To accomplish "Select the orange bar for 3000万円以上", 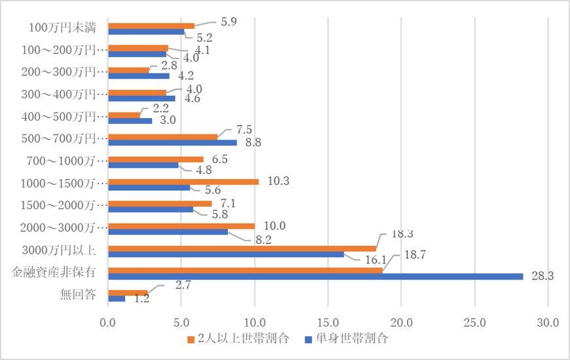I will coord(241,248).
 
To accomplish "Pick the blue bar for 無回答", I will coord(116,299).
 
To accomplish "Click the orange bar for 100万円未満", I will coord(151,26).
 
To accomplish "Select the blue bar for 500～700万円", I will coord(172,142).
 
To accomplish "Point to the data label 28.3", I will coord(543,277).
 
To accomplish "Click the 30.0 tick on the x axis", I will coord(547,322).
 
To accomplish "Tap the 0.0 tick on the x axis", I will coord(107,322).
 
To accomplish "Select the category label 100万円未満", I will coord(64,28).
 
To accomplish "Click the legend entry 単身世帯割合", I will coord(352,340).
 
